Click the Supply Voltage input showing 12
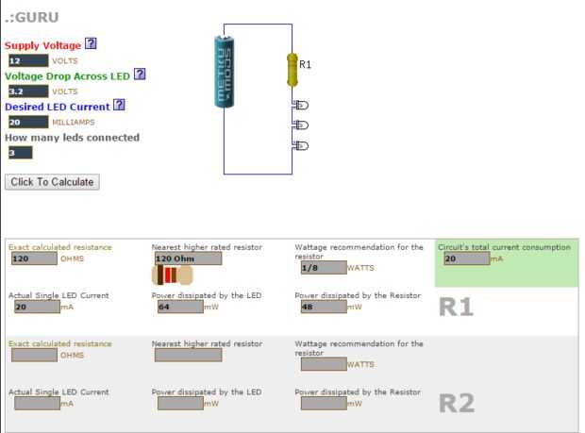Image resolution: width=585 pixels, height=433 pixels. click(x=28, y=60)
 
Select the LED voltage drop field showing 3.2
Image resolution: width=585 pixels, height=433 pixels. click(x=28, y=92)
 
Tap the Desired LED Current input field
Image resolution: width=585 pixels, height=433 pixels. click(x=28, y=122)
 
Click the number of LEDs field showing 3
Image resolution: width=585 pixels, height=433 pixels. click(x=21, y=153)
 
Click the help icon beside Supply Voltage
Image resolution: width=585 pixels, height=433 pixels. click(x=91, y=43)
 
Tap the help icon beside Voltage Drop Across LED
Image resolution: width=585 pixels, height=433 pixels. click(x=140, y=75)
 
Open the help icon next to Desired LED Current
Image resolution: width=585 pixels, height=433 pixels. click(x=119, y=105)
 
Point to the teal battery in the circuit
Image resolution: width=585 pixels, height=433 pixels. click(x=225, y=71)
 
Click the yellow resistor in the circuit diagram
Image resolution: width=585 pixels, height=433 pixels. click(x=292, y=70)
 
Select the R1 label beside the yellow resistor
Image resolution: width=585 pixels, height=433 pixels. click(x=305, y=64)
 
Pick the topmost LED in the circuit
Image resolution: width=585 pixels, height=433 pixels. click(x=301, y=105)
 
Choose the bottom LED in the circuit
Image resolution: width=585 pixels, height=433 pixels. click(x=301, y=145)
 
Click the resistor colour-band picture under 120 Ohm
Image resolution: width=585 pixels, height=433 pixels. click(x=172, y=275)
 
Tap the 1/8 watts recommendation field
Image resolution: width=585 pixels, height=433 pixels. click(x=324, y=268)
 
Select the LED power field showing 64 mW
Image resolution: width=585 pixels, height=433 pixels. click(x=180, y=307)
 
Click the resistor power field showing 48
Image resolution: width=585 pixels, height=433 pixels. click(x=324, y=307)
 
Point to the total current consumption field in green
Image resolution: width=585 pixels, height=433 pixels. click(x=467, y=258)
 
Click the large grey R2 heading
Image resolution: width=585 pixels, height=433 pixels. click(x=457, y=404)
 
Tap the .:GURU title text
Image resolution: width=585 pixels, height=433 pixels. click(x=32, y=17)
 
